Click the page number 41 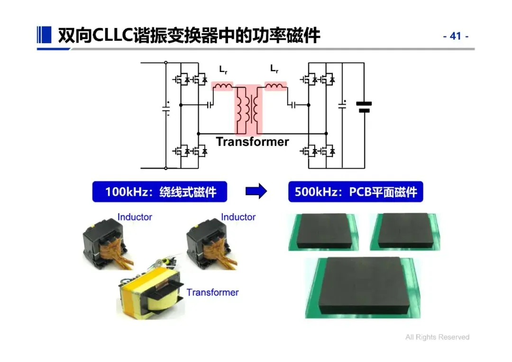click(456, 36)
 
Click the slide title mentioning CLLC click(189, 36)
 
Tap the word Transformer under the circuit click(252, 142)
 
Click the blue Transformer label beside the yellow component click(212, 292)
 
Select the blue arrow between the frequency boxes click(256, 191)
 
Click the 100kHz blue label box click(160, 192)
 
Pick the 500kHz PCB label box click(356, 192)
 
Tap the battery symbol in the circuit click(364, 107)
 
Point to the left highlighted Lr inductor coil click(222, 86)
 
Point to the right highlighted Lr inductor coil click(275, 86)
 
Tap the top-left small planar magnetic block click(323, 231)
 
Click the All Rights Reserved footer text click(437, 337)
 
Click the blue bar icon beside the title click(44, 35)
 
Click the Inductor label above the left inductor click(135, 217)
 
